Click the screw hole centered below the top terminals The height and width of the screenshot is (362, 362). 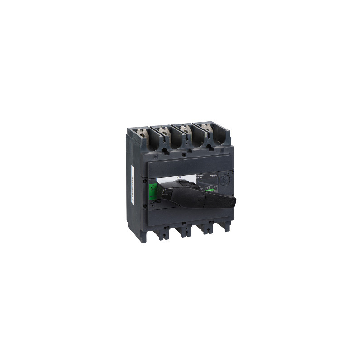point(183,154)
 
